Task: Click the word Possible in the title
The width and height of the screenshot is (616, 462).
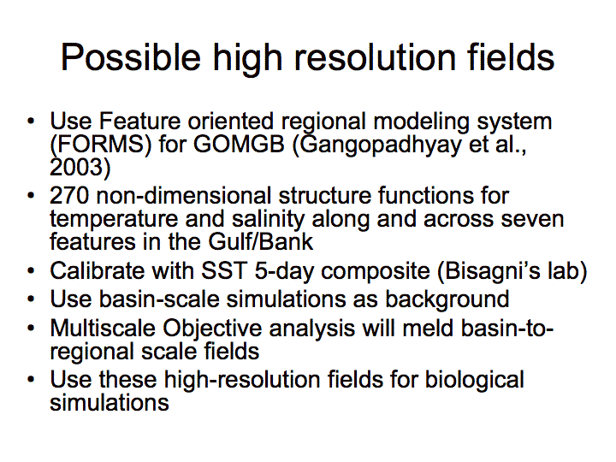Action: tap(131, 57)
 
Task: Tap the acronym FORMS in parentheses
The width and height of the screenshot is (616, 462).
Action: tap(101, 144)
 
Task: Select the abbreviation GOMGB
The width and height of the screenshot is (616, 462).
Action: tap(239, 144)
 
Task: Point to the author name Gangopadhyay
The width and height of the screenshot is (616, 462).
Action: tap(381, 145)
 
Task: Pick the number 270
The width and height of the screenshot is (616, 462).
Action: tap(69, 195)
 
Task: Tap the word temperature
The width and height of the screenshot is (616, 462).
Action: tap(114, 219)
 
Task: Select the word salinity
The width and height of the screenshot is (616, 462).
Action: tap(268, 219)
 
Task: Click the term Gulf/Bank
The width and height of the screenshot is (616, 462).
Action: tap(261, 241)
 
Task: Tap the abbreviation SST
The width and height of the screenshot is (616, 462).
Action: tap(224, 270)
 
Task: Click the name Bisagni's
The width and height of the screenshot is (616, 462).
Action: tap(488, 271)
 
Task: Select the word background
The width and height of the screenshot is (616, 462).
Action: tap(447, 299)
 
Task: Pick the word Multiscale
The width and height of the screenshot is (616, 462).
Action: tap(103, 328)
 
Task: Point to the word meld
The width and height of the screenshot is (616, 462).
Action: tap(428, 328)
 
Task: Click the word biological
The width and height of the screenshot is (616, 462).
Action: tap(475, 380)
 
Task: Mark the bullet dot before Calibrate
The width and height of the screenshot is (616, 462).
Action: tap(31, 271)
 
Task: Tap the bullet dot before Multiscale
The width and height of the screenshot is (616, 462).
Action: tap(31, 329)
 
